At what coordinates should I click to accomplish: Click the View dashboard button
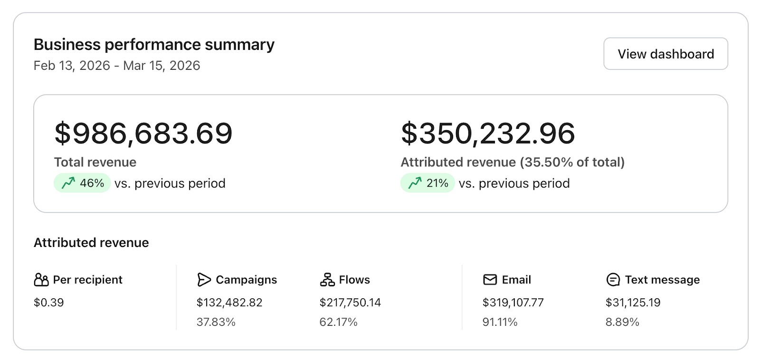pyautogui.click(x=665, y=54)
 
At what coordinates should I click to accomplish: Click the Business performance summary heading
pyautogui.click(x=154, y=45)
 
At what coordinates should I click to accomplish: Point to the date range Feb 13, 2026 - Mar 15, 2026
pyautogui.click(x=117, y=66)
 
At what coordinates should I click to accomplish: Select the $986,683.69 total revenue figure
pyautogui.click(x=143, y=133)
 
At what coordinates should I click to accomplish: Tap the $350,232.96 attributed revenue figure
pyautogui.click(x=488, y=133)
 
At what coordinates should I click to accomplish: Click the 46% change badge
pyautogui.click(x=82, y=183)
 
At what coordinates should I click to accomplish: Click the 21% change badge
pyautogui.click(x=427, y=183)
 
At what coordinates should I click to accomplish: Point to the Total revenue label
pyautogui.click(x=95, y=162)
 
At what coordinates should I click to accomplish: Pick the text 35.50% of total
pyautogui.click(x=572, y=162)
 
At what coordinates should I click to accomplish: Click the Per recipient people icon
pyautogui.click(x=41, y=280)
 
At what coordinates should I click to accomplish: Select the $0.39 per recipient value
pyautogui.click(x=49, y=303)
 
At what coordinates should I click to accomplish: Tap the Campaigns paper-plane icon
pyautogui.click(x=204, y=280)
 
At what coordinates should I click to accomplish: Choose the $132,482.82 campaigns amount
pyautogui.click(x=229, y=303)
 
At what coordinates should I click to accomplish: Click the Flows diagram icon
pyautogui.click(x=327, y=280)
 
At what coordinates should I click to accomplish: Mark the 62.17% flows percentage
pyautogui.click(x=338, y=322)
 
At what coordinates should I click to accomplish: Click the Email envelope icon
pyautogui.click(x=490, y=280)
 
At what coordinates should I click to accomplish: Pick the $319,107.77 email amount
pyautogui.click(x=513, y=303)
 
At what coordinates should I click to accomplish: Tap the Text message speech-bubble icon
pyautogui.click(x=613, y=280)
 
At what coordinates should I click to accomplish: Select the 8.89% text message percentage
pyautogui.click(x=622, y=322)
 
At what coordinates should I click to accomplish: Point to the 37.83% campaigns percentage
pyautogui.click(x=216, y=322)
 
